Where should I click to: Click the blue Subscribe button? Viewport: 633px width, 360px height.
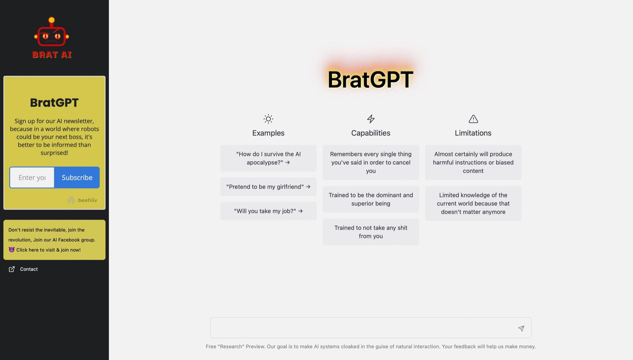[x=77, y=177]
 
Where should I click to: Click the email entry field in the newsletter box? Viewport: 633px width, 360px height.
[x=32, y=177]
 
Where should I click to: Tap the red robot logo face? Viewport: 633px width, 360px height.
[x=51, y=36]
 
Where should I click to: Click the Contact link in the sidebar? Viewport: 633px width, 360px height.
[x=29, y=269]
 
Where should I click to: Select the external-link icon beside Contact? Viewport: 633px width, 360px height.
[x=12, y=269]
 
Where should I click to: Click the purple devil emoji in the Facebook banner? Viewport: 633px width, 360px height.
[x=12, y=250]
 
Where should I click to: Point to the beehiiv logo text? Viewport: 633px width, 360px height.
[x=87, y=200]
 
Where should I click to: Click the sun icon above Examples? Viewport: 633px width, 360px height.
[x=268, y=119]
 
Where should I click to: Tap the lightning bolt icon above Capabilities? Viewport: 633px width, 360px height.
[x=371, y=119]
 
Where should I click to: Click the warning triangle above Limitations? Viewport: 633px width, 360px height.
[x=473, y=119]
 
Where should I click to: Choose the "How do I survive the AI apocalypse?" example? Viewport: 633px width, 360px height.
[x=268, y=158]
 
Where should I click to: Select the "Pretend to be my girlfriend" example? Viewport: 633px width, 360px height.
[x=268, y=187]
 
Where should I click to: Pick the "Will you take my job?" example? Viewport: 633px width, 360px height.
[x=268, y=211]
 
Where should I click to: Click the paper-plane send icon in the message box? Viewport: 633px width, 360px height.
[x=521, y=328]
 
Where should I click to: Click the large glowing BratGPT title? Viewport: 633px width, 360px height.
[x=370, y=79]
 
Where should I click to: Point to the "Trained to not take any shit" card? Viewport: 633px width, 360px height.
[x=371, y=232]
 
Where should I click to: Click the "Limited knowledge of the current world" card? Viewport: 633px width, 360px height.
[x=473, y=203]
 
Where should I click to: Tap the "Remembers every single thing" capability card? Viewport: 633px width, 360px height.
[x=371, y=162]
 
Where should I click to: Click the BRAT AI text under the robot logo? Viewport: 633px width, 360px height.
[x=52, y=55]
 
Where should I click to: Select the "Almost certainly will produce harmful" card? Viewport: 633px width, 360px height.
[x=473, y=162]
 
